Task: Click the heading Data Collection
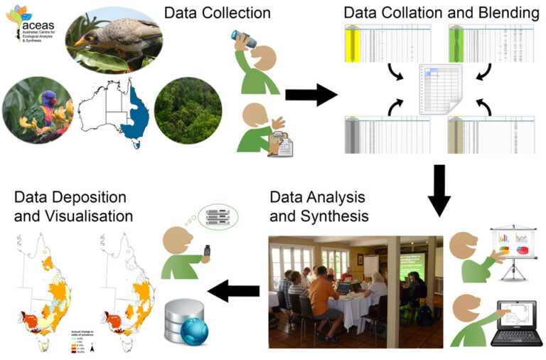217,13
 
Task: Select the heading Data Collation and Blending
441,13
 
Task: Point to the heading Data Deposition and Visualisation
70,206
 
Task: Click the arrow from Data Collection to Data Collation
311,95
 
